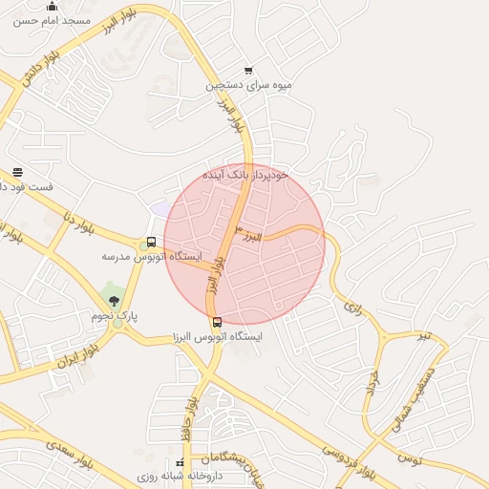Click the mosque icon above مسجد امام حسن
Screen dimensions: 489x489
(52, 6)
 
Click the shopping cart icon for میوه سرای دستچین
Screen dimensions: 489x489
(248, 70)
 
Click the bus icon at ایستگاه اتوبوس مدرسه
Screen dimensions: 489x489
(151, 242)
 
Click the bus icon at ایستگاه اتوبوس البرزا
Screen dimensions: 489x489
(217, 322)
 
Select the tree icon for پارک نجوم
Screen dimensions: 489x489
(115, 302)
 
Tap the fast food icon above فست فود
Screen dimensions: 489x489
(17, 172)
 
